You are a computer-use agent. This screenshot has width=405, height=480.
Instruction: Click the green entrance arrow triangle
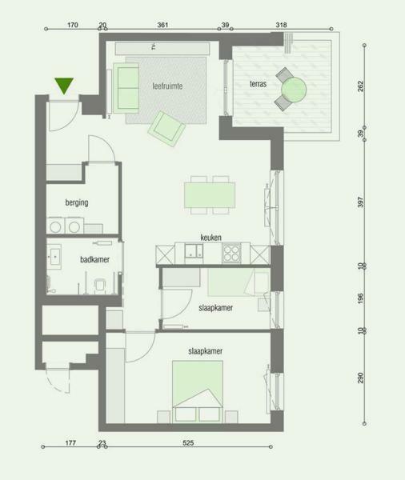64,85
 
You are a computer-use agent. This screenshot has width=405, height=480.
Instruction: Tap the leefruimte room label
167,86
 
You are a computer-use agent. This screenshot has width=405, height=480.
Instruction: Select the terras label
258,83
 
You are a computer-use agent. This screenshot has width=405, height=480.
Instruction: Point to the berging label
77,202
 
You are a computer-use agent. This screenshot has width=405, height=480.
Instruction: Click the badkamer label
94,259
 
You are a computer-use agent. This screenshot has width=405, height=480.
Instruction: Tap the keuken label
211,238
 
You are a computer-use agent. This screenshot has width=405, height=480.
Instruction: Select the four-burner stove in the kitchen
231,253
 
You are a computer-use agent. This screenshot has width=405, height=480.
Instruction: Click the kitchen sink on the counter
194,251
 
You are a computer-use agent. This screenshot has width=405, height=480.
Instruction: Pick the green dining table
210,195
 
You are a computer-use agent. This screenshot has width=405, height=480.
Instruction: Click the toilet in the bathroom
99,286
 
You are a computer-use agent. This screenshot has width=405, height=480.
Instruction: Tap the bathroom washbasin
54,257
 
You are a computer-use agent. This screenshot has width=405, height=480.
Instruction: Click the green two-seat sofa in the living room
126,88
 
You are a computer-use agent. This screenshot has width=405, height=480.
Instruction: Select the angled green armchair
166,129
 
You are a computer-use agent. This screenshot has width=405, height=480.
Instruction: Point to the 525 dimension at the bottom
188,442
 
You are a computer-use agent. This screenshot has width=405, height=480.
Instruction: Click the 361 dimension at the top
162,25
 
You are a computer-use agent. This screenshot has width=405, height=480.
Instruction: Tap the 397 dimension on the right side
360,202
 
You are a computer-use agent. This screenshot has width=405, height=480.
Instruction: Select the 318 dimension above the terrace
281,25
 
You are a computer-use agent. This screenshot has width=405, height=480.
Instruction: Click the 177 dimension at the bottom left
70,442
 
